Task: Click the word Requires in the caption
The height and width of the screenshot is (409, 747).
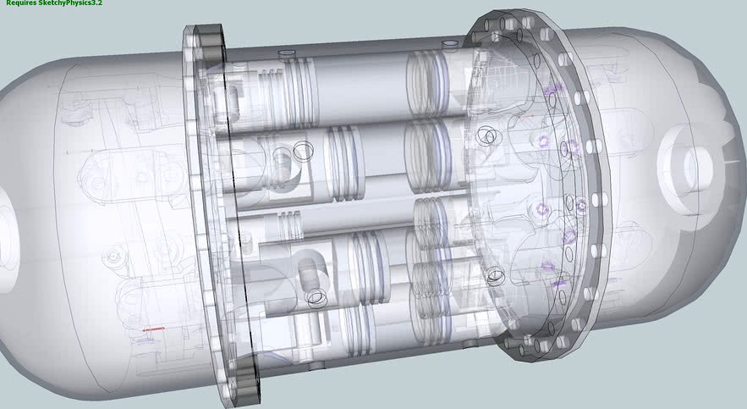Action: [x=21, y=3]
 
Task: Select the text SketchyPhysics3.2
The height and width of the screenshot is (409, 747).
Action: [x=70, y=3]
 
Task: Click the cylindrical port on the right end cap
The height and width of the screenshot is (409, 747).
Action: [x=686, y=168]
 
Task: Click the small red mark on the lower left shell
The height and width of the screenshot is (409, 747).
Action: [x=153, y=329]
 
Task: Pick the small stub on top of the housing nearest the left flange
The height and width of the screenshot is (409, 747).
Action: [x=287, y=53]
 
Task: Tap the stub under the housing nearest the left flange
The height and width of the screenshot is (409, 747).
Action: [x=316, y=366]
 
